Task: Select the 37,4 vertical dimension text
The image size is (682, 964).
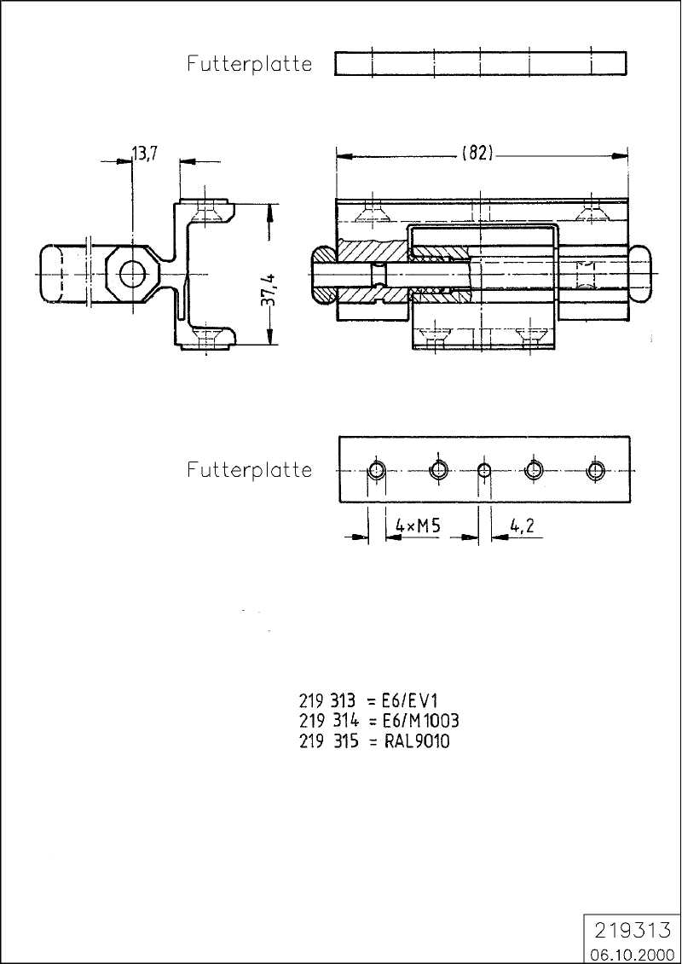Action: (x=270, y=288)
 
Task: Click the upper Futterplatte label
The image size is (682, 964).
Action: (x=250, y=63)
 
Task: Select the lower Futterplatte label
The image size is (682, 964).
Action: (x=250, y=470)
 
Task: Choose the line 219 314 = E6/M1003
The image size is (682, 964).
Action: (x=379, y=721)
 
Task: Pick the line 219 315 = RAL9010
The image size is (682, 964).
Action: (x=375, y=741)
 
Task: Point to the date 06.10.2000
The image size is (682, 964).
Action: (x=633, y=954)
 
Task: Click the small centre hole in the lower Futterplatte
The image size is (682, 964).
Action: (x=484, y=471)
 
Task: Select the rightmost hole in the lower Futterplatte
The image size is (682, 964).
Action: (x=595, y=471)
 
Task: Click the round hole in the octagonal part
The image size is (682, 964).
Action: (x=132, y=274)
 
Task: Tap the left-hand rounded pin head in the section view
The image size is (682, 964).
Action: (x=323, y=274)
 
